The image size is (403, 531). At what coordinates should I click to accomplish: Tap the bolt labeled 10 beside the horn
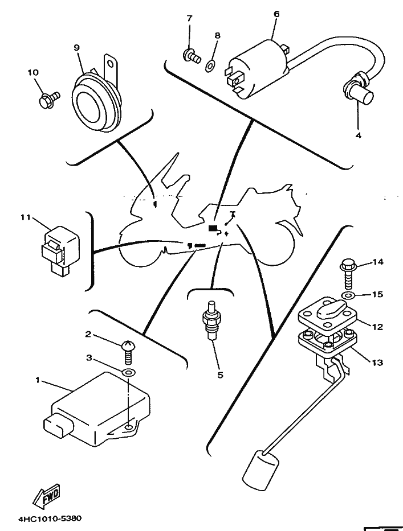49,100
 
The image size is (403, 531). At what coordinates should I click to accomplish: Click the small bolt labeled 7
192,56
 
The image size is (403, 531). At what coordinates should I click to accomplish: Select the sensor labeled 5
211,319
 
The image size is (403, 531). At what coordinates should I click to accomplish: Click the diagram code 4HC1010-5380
50,518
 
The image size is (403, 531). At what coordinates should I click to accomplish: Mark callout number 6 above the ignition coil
276,14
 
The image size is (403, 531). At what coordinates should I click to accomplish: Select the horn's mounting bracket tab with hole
111,68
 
